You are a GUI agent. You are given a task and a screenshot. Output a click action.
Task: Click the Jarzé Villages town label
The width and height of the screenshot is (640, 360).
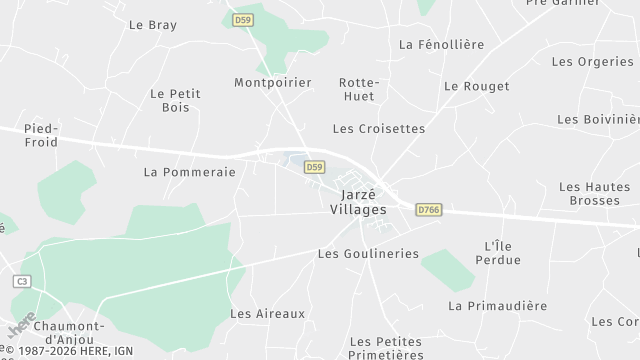357,202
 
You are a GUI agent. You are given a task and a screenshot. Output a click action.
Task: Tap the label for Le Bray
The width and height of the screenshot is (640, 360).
153,24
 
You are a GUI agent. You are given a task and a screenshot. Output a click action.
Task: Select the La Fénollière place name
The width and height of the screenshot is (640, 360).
441,44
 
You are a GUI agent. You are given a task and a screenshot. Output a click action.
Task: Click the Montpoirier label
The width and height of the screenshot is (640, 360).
273,82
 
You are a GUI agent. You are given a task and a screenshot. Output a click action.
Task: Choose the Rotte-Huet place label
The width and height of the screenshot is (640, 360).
359,90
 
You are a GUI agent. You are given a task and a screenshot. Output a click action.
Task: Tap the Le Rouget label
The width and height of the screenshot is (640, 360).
476,86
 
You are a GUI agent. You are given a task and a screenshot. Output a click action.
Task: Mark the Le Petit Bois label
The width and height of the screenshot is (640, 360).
175,101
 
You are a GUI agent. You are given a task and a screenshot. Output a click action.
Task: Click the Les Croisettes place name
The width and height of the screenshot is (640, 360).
379,129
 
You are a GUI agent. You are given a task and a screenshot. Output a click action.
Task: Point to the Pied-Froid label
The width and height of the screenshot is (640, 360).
41,135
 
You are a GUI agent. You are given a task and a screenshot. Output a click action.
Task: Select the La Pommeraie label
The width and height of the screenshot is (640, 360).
189,172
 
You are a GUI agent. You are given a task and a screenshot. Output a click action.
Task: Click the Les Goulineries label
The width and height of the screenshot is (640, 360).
368,254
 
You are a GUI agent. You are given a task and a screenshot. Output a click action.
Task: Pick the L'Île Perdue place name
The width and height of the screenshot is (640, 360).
502,253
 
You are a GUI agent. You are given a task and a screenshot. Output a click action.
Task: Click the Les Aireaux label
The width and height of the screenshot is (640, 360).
267,314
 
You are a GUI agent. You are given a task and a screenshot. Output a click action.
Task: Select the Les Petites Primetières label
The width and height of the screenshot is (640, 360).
386,348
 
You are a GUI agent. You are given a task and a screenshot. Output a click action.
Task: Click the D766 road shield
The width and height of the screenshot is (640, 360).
429,209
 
